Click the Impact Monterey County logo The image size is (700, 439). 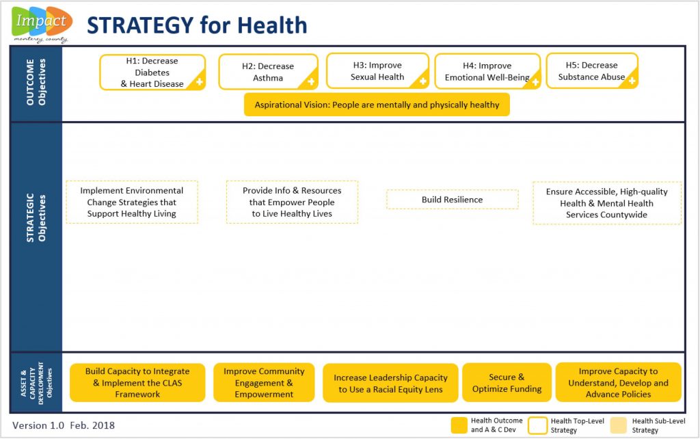[x=42, y=25]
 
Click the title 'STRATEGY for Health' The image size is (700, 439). [x=197, y=25]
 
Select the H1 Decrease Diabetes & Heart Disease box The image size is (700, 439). [x=152, y=72]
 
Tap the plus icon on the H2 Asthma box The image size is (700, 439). [x=311, y=82]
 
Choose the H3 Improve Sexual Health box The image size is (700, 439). [x=377, y=71]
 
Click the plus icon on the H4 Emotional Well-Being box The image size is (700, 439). [x=535, y=82]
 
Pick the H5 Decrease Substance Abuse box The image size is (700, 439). [x=592, y=71]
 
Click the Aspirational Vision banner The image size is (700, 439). [x=377, y=105]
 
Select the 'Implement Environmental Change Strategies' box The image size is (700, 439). [x=132, y=202]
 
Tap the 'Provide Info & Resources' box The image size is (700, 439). [x=292, y=202]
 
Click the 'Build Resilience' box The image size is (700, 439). [x=453, y=200]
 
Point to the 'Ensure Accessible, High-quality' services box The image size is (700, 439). [x=607, y=203]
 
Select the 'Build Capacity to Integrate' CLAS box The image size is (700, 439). [x=137, y=383]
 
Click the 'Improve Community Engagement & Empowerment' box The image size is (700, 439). [x=264, y=383]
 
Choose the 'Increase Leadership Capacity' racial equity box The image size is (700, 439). [x=390, y=383]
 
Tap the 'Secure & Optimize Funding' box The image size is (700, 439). [x=507, y=383]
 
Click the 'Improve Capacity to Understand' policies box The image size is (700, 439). [x=618, y=383]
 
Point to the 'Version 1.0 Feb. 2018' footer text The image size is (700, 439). [x=64, y=425]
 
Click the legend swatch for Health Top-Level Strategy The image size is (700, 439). [x=537, y=425]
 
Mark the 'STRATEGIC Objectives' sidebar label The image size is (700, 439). [x=36, y=218]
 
